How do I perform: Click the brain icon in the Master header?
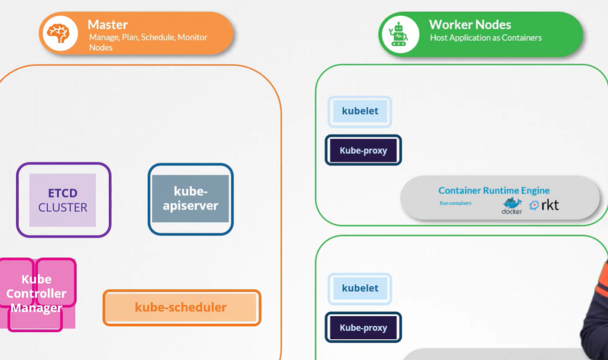58,33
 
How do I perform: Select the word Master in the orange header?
107,25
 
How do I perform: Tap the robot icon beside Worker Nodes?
399,34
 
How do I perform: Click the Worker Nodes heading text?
470,25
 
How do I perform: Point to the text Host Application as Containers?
485,38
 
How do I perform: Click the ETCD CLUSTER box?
63,200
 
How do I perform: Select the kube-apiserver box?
190,199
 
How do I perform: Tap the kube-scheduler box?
181,307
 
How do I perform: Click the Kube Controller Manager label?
36,293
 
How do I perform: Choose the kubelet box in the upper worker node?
360,111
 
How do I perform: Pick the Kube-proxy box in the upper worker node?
363,150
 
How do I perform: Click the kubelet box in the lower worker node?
360,288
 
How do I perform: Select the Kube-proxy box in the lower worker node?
363,327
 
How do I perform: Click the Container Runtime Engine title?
494,191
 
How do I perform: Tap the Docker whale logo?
512,205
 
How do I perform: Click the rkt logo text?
550,205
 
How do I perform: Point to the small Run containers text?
455,203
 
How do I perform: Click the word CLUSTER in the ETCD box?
63,207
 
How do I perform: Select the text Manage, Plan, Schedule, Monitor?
148,37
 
